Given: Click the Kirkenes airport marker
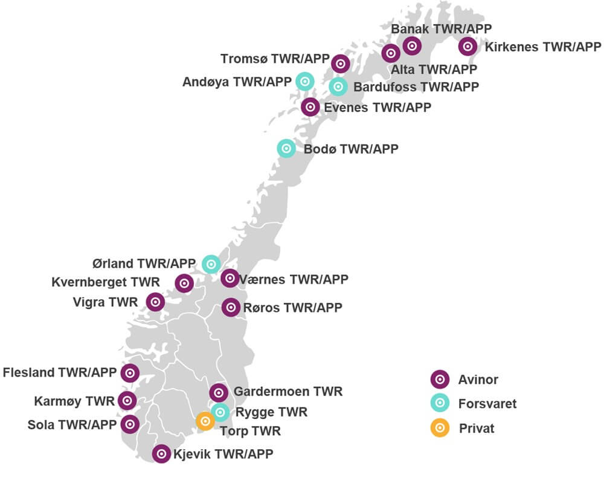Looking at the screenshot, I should pyautogui.click(x=467, y=46).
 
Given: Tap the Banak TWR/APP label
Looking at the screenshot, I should pyautogui.click(x=441, y=28).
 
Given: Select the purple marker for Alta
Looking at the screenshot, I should pyautogui.click(x=391, y=54).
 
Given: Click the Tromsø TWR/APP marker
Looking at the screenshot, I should pyautogui.click(x=341, y=63).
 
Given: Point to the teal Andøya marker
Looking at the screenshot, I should pyautogui.click(x=304, y=81).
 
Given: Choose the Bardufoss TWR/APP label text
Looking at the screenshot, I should pyautogui.click(x=416, y=86).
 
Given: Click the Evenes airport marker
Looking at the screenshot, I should pyautogui.click(x=310, y=107).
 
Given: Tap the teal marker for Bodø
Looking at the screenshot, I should pyautogui.click(x=286, y=148).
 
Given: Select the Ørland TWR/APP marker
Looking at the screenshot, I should pyautogui.click(x=211, y=264).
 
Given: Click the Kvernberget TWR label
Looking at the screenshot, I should pyautogui.click(x=106, y=282).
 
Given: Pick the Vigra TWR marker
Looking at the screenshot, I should pyautogui.click(x=155, y=302).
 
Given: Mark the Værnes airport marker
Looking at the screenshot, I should pyautogui.click(x=230, y=279).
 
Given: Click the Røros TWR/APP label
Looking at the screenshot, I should pyautogui.click(x=292, y=308).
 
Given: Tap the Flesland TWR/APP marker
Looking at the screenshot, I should pyautogui.click(x=129, y=373).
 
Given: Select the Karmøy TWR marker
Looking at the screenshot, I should pyautogui.click(x=127, y=400).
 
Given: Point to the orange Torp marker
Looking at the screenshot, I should pyautogui.click(x=205, y=421).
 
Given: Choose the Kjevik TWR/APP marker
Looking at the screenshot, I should pyautogui.click(x=161, y=453).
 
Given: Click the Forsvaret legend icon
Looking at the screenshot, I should pyautogui.click(x=440, y=403).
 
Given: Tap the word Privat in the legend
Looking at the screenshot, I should pyautogui.click(x=477, y=429).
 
